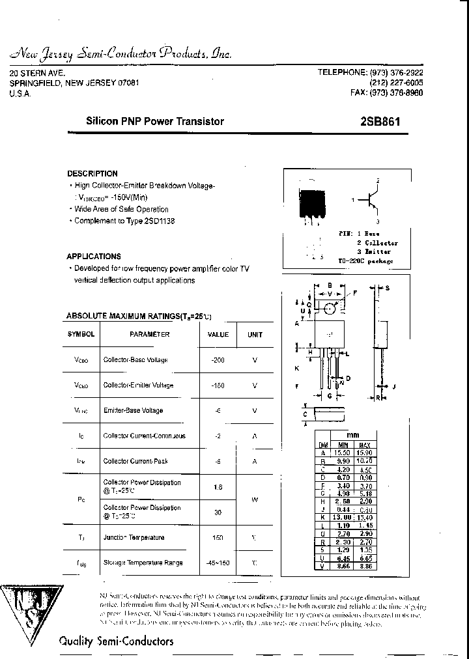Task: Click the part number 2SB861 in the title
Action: pos(380,121)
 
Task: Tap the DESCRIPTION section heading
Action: pos(92,174)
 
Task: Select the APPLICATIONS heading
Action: pos(94,257)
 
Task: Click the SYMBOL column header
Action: pos(81,334)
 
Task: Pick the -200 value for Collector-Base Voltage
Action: pos(218,360)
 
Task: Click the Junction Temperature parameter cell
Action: pos(134,538)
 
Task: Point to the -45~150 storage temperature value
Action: pos(218,563)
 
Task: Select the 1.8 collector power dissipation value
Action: pos(218,486)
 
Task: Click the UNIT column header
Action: pos(255,335)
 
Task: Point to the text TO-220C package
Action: pos(365,261)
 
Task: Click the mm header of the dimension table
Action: pos(352,436)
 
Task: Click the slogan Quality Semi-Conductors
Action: pos(116,641)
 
